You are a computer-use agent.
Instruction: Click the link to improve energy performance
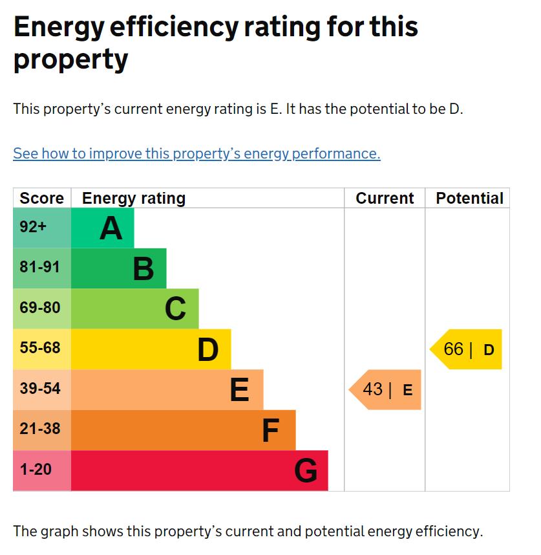coord(196,154)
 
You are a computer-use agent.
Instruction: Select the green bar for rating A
coord(102,228)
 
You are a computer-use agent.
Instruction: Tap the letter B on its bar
coord(143,268)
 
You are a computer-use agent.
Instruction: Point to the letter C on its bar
coord(175,309)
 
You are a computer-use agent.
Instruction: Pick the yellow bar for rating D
coord(150,349)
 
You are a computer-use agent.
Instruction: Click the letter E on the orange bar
coord(240,390)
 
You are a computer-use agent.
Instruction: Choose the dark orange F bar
coord(182,430)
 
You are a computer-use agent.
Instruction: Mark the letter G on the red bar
coord(306,471)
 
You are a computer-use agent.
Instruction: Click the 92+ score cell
coord(41,228)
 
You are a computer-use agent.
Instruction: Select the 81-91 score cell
coord(41,268)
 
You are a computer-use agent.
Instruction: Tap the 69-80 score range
coord(41,309)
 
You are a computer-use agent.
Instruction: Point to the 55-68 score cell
coord(41,349)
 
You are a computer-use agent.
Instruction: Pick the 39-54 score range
coord(41,389)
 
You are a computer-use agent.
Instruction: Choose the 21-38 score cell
coord(41,430)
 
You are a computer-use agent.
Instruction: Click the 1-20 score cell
coord(41,470)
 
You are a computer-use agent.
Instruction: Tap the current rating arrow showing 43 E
coord(387,390)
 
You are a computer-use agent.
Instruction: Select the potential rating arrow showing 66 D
coord(467,349)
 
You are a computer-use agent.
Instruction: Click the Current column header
coord(385,199)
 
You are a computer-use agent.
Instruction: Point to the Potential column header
coord(469,199)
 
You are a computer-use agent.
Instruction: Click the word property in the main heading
coord(70,60)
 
